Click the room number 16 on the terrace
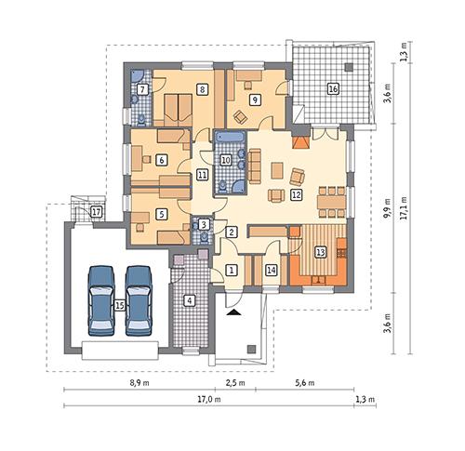pyautogui.click(x=333, y=89)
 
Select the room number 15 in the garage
pyautogui.click(x=119, y=304)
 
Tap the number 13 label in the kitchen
pyautogui.click(x=320, y=251)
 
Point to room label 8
pyautogui.click(x=201, y=89)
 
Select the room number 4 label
pyautogui.click(x=190, y=300)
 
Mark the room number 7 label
pyautogui.click(x=142, y=89)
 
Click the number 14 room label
pyautogui.click(x=272, y=270)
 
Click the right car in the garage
pyautogui.click(x=139, y=299)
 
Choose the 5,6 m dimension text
pyautogui.click(x=305, y=381)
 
